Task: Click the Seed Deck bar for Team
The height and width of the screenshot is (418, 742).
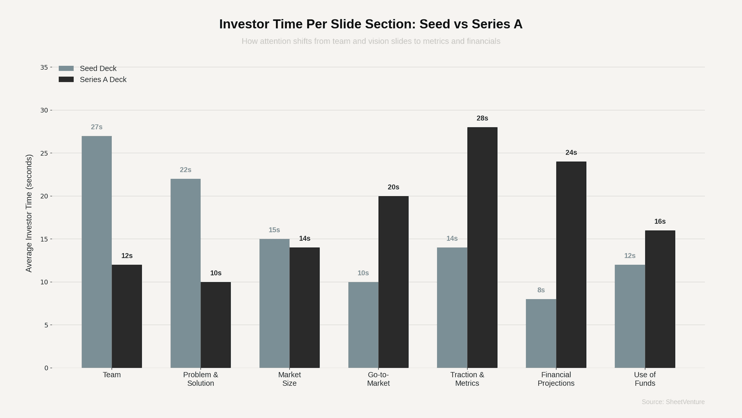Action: coord(97,252)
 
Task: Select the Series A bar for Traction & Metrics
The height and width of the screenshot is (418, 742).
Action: coord(482,248)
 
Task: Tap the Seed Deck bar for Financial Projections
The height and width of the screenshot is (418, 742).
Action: coord(541,333)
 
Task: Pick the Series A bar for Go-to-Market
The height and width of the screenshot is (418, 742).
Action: coord(393,282)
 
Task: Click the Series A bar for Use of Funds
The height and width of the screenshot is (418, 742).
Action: coord(660,299)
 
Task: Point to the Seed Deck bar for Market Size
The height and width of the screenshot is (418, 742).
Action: coord(274,303)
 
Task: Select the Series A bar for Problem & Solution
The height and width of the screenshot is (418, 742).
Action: coord(216,325)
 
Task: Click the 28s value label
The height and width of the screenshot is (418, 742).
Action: coord(482,118)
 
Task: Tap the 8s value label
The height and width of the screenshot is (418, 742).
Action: coord(541,290)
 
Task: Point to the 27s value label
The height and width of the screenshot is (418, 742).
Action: coord(97,127)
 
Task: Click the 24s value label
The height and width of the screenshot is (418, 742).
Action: coord(571,152)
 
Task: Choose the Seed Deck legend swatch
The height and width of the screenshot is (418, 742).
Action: coord(66,69)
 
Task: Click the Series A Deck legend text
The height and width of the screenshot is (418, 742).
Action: coord(103,80)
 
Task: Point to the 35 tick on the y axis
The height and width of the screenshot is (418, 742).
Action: coord(44,67)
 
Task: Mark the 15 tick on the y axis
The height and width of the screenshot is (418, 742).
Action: coord(44,239)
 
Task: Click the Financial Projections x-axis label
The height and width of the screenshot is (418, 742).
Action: coord(556,379)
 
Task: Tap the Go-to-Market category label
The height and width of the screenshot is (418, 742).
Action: coord(378,379)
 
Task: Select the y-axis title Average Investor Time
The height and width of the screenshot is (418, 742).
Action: coord(29,213)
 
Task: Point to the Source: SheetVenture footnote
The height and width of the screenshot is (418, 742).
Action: coord(673,402)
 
